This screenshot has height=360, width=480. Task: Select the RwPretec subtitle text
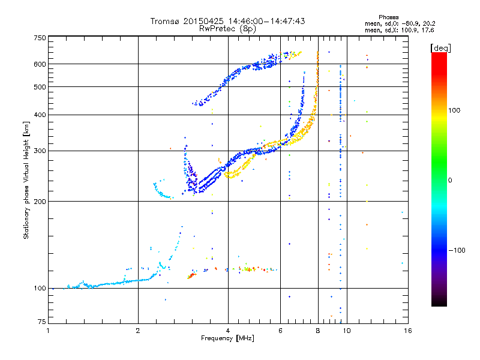point(227,29)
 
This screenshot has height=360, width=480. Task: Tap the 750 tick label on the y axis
point(40,38)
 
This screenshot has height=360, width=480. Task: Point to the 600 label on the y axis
point(40,64)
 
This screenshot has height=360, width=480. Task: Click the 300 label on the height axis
point(40,151)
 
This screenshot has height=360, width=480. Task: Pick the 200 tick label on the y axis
point(40,202)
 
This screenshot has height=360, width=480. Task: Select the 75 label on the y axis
point(42,322)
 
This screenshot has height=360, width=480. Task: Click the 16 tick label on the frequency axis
point(408,331)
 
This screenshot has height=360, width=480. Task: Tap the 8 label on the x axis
point(318,331)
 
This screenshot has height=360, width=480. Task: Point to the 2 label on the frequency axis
point(138,331)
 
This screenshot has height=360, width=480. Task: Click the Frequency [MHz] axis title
point(227,338)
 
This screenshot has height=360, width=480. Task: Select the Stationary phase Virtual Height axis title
point(26,181)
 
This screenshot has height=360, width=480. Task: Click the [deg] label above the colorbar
point(440,48)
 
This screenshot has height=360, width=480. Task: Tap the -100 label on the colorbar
point(457,250)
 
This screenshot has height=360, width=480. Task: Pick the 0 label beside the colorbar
point(450,181)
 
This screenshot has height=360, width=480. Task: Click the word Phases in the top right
point(388,17)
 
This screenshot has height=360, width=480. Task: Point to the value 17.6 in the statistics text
point(428,30)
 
